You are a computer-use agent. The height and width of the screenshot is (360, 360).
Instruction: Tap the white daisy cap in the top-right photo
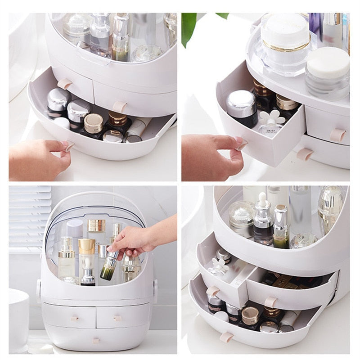(x=269, y=118)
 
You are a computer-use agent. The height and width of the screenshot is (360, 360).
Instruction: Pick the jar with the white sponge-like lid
(x=327, y=72)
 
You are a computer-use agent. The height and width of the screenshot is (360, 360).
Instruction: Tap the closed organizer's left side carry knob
(x=39, y=288)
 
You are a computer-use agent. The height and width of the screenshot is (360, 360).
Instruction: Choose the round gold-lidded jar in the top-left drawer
(x=93, y=122)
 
